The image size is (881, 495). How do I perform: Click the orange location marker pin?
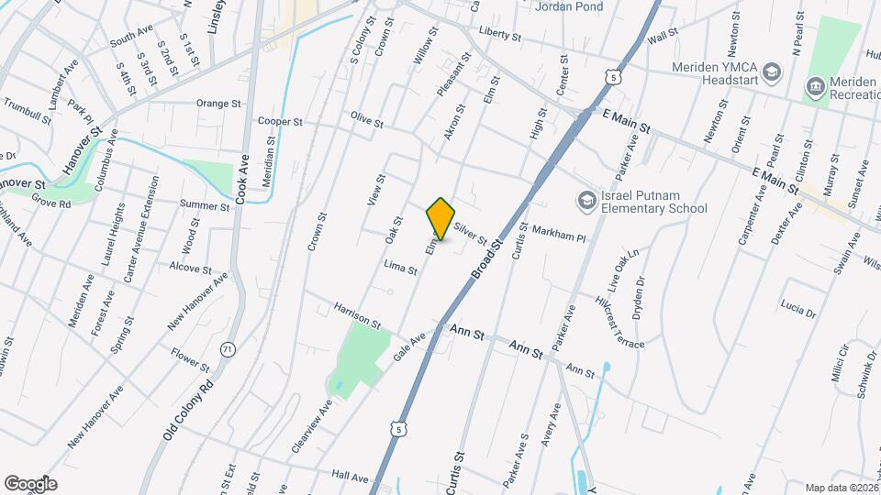coord(440,219)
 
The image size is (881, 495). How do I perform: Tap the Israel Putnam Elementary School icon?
coord(585,200)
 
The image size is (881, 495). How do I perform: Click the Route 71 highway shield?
coord(228,348)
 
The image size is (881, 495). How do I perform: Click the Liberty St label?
coord(500,36)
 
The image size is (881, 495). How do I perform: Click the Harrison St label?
coord(357,316)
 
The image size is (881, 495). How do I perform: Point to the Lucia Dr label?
coord(797,306)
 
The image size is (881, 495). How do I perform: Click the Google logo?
coord(29,483)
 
